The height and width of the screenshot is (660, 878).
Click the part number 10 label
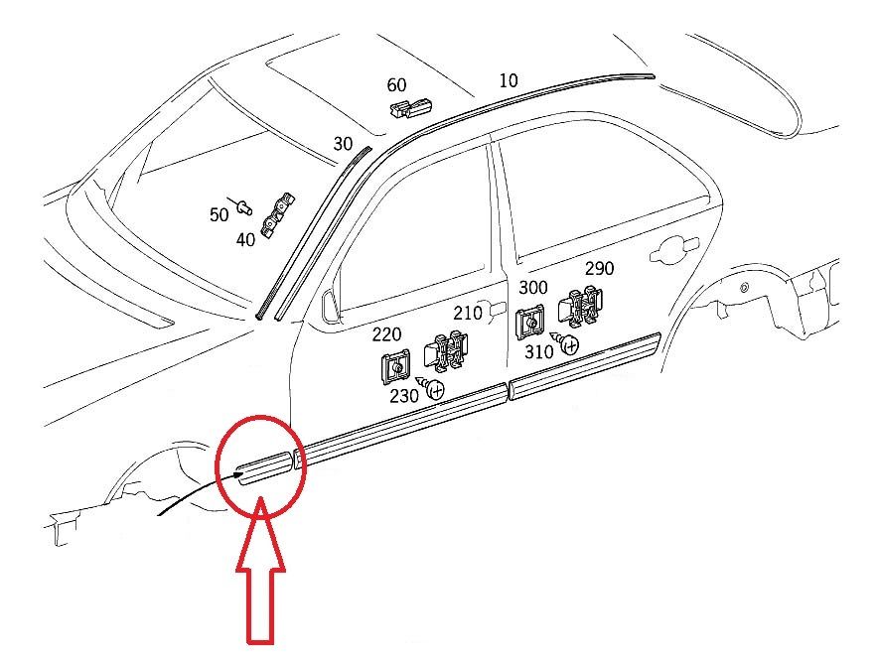(508, 80)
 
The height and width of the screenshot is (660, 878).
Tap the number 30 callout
(343, 144)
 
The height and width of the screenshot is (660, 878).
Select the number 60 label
(396, 85)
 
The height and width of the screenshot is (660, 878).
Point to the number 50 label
(219, 214)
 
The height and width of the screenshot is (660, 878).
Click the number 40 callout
(245, 240)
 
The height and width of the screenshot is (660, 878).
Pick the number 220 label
(387, 334)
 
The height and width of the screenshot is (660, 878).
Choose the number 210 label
(468, 313)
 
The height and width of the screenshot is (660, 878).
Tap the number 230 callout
(403, 396)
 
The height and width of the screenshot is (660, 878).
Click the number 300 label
(533, 288)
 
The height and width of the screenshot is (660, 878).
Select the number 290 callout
(599, 269)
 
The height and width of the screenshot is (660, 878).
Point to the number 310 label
(538, 351)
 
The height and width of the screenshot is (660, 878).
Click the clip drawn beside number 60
(411, 107)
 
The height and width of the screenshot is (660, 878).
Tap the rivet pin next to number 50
(241, 206)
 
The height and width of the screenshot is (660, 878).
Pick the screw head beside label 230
(436, 389)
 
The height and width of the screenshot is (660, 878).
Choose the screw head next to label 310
(570, 345)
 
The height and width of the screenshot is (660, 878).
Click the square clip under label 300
(529, 323)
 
